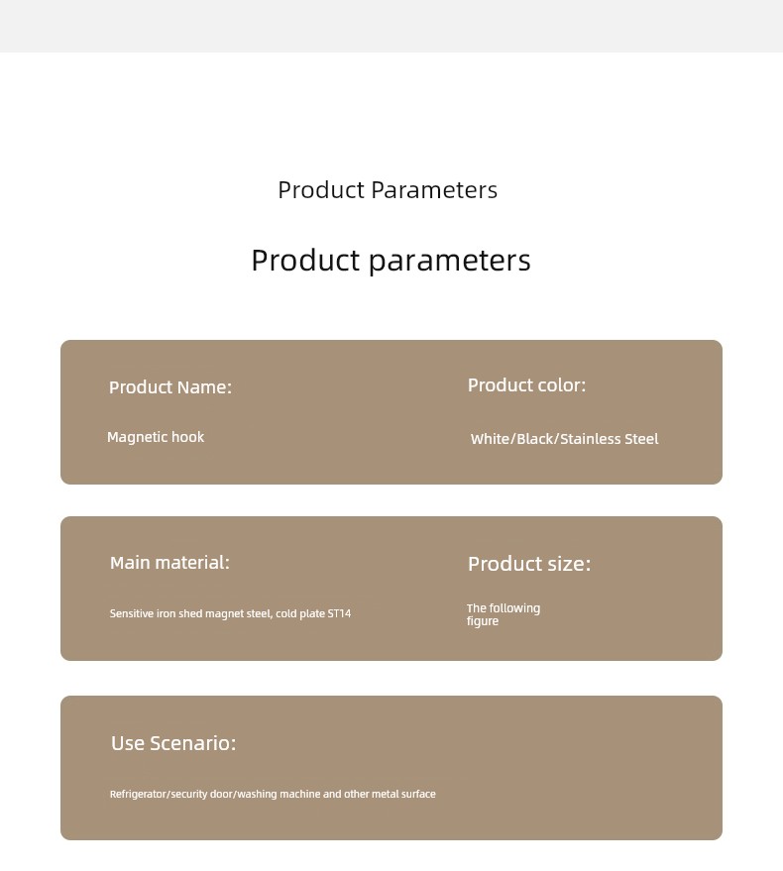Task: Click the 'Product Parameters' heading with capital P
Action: tap(388, 190)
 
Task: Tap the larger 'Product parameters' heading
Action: tap(391, 261)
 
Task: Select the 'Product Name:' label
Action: tap(170, 387)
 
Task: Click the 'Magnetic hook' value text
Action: tap(156, 437)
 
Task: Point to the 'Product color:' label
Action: tap(527, 384)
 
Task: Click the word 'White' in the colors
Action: tap(491, 439)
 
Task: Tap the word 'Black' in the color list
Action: tap(535, 439)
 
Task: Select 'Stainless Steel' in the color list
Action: tap(610, 439)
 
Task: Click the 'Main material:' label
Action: tap(169, 563)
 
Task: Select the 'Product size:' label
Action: tap(529, 564)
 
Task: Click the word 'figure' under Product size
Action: tap(483, 621)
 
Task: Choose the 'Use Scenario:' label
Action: tap(173, 743)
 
